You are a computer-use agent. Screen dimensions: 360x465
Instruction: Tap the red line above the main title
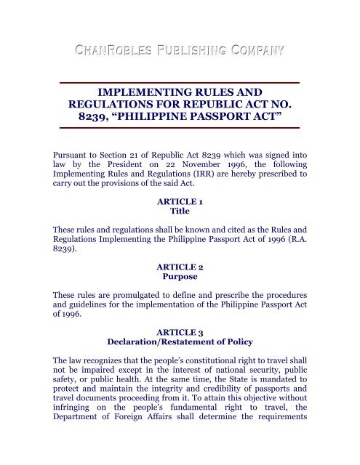tap(179, 82)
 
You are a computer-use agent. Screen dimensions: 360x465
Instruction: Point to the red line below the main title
tap(179, 128)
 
